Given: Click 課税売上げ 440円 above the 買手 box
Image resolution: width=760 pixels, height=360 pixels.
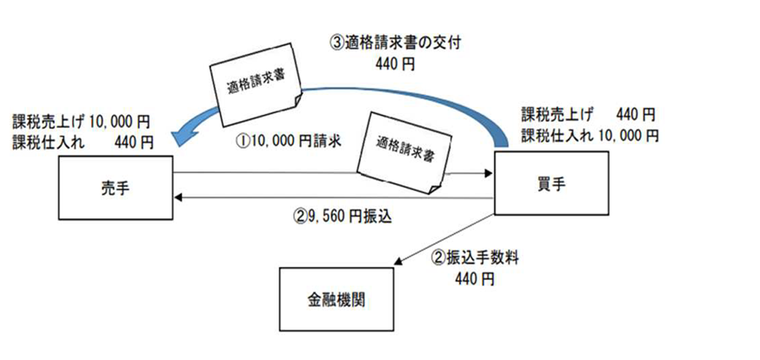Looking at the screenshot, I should point(588,116).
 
